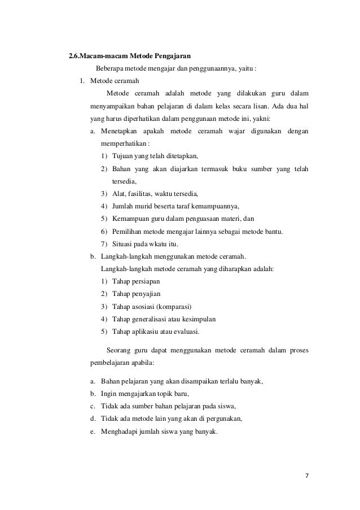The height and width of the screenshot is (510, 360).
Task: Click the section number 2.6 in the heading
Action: [73, 56]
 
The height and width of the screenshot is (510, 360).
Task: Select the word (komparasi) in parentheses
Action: [173, 307]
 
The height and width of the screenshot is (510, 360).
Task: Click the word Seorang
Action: [118, 350]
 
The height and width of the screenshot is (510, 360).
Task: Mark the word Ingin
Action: [108, 394]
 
